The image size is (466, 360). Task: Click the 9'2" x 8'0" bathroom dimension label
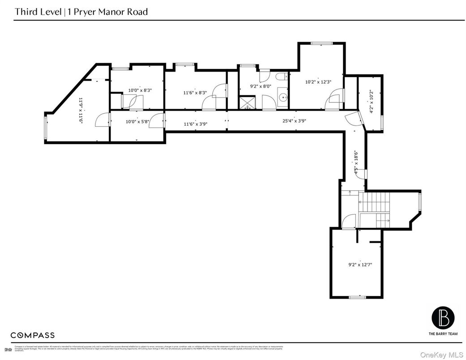[x=260, y=86]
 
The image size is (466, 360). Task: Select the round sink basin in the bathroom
[x=282, y=96]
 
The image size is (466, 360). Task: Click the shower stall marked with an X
[x=246, y=103]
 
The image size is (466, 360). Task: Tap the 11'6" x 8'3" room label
[x=195, y=93]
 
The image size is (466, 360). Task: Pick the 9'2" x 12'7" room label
[x=360, y=265]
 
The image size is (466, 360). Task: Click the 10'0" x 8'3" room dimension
[x=140, y=90]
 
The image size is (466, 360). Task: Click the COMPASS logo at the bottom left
[x=33, y=335]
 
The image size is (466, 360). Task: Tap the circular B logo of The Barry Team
[x=443, y=317]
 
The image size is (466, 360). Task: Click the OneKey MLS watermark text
[x=441, y=354]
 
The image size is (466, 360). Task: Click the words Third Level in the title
[x=38, y=12]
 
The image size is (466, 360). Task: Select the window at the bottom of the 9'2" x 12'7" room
[x=357, y=297]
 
